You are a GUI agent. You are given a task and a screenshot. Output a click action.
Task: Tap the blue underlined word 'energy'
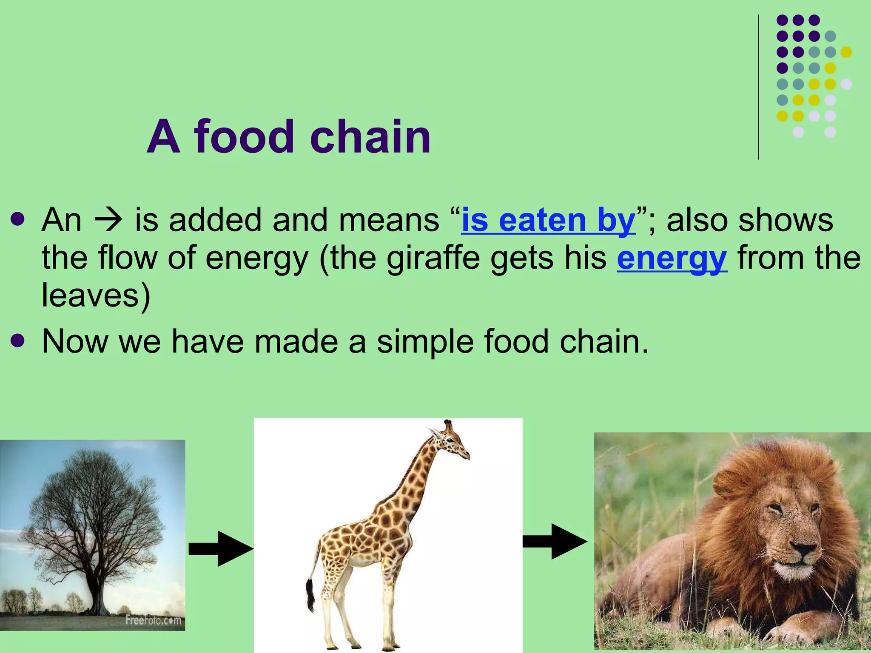click(672, 258)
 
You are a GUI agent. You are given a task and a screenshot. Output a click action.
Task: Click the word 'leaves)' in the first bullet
click(96, 295)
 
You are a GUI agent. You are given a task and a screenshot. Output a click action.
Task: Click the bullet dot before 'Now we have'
click(18, 341)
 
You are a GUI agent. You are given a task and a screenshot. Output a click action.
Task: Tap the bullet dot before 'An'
click(18, 220)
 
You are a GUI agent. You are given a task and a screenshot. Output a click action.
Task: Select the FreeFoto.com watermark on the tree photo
click(153, 620)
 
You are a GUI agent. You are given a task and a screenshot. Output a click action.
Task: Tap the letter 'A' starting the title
click(163, 137)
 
